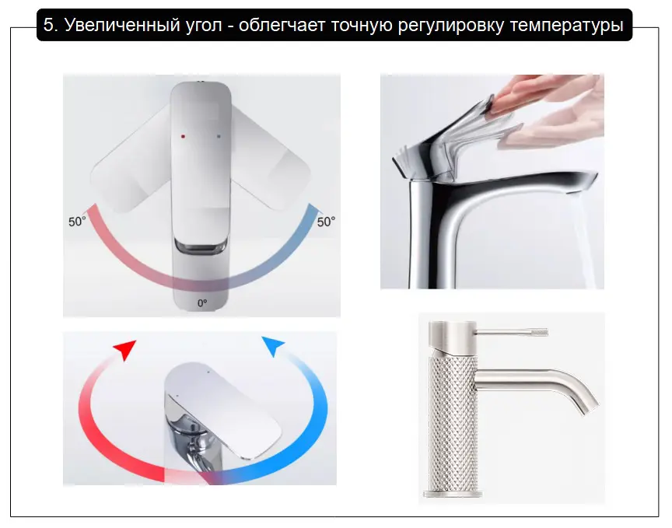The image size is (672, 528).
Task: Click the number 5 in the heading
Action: [51, 26]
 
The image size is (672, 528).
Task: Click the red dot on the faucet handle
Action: [183, 136]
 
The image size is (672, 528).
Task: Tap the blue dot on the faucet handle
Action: [219, 136]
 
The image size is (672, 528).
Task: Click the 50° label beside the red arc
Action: [77, 222]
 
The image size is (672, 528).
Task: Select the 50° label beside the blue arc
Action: [326, 222]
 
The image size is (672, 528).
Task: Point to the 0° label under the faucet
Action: [202, 303]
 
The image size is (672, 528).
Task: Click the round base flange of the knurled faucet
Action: [453, 493]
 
